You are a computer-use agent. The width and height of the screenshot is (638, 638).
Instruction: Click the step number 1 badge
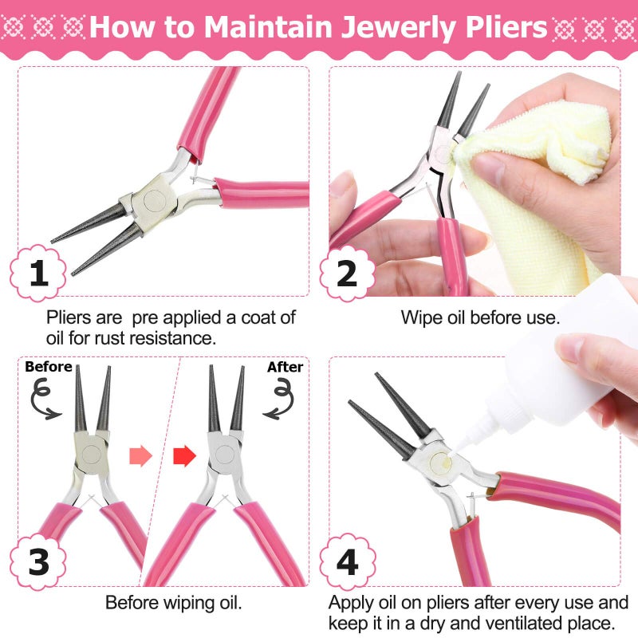pos(38,273)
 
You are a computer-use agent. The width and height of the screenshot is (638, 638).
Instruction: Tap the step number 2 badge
pos(347,273)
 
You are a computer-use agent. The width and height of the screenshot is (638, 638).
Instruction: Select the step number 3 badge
pos(38,561)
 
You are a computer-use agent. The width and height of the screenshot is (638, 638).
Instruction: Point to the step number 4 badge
pos(347,561)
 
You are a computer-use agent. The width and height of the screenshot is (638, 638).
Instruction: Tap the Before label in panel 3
pos(48,367)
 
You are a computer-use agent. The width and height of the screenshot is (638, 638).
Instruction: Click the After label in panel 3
pos(285,367)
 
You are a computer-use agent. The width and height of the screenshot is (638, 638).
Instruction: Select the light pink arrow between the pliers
pos(140,456)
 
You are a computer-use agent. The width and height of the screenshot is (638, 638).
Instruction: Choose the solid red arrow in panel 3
pos(184,456)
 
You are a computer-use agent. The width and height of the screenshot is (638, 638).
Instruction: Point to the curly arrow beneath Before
pos(45,399)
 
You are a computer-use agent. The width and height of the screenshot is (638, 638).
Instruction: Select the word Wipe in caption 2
pos(420,317)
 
